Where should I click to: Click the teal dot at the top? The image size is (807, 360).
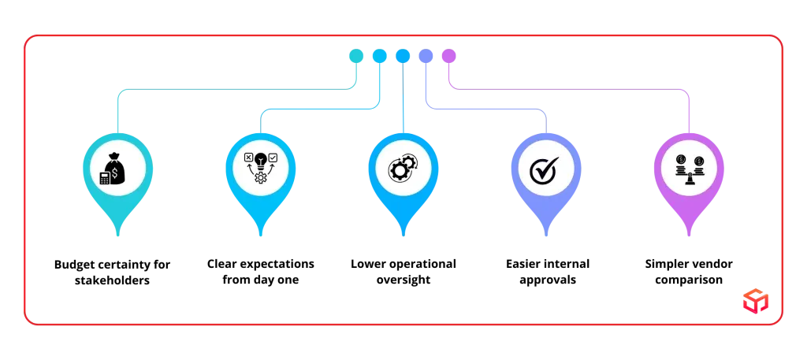[x=356, y=56]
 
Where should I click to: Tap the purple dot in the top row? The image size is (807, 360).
[x=448, y=56]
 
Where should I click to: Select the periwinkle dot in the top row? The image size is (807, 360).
[x=426, y=56]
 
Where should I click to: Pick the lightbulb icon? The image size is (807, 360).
[x=260, y=161]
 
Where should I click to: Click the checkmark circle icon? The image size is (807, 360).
[x=544, y=169]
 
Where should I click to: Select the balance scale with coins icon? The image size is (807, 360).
[x=689, y=169]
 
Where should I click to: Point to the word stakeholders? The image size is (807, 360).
[x=112, y=281]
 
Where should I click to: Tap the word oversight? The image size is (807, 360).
[x=403, y=280]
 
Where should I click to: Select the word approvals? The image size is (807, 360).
[x=548, y=280]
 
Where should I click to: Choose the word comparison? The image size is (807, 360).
[x=689, y=280]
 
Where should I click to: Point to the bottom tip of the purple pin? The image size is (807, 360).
[x=689, y=236]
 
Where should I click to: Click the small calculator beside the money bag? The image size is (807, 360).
[x=105, y=178]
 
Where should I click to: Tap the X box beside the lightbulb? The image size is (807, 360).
[x=248, y=158]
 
